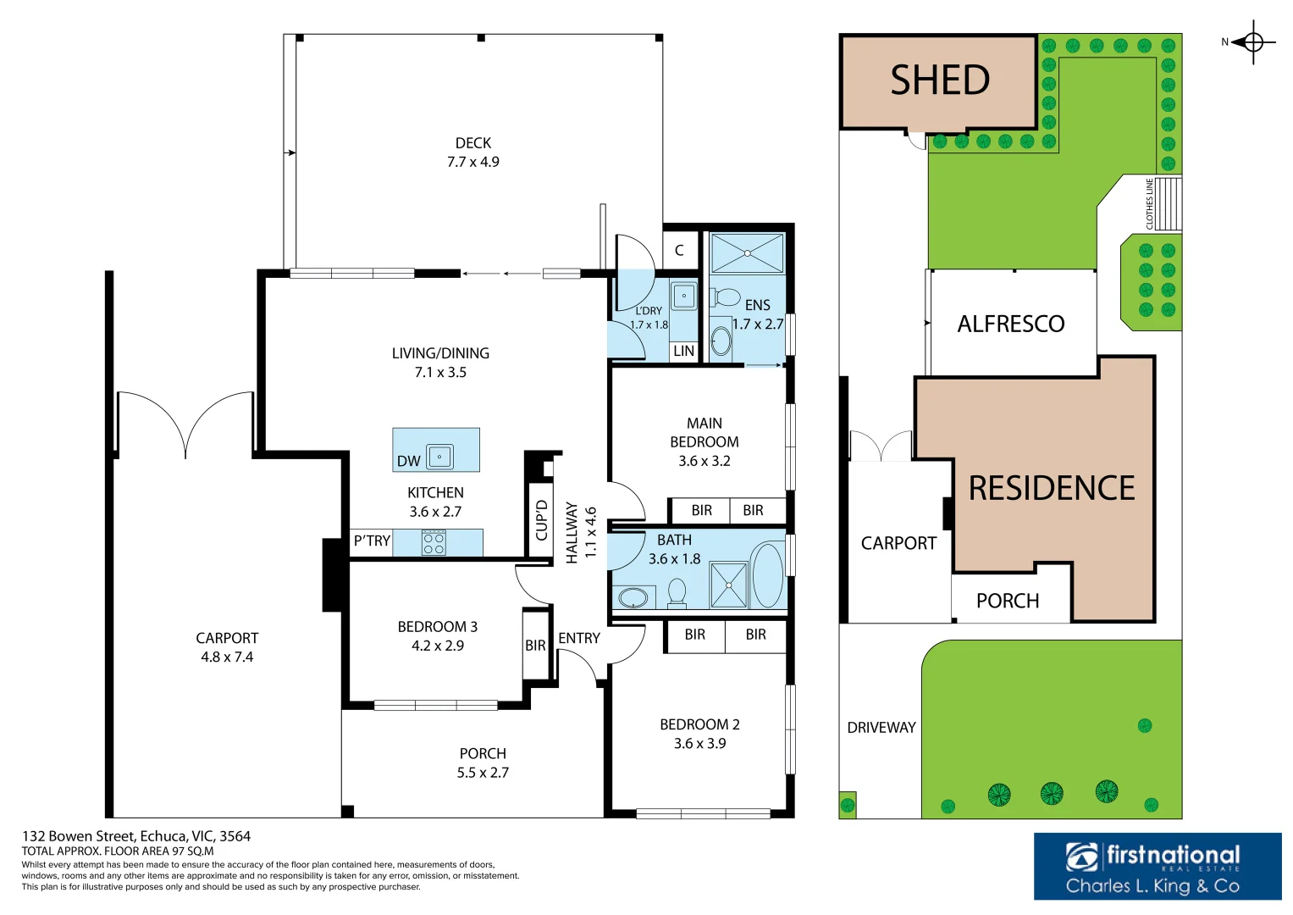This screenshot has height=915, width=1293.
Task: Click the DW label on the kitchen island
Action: (409, 461)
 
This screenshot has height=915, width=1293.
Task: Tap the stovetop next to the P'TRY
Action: (434, 543)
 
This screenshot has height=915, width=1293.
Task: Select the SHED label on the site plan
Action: (940, 81)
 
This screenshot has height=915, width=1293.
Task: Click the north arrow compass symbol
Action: (1253, 42)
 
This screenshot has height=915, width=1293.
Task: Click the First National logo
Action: (1157, 866)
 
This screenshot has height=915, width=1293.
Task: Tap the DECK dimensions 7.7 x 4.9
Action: (472, 162)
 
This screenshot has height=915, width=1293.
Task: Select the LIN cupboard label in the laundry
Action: (683, 351)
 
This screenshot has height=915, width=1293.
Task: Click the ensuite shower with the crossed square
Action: (747, 252)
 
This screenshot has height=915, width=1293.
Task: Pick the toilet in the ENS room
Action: (725, 297)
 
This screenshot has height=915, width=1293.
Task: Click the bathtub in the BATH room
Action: (768, 575)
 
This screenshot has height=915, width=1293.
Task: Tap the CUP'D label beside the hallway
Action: (542, 519)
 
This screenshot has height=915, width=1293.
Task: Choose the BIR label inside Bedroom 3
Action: (535, 646)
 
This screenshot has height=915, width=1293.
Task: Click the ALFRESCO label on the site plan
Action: (1010, 324)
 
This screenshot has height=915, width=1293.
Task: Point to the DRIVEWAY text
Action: (881, 728)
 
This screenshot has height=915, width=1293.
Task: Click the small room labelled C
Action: (679, 251)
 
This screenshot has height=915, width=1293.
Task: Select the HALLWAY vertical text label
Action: (572, 532)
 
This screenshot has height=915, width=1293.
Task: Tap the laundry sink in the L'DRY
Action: (683, 297)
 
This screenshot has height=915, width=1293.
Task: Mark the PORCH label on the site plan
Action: (1007, 602)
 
